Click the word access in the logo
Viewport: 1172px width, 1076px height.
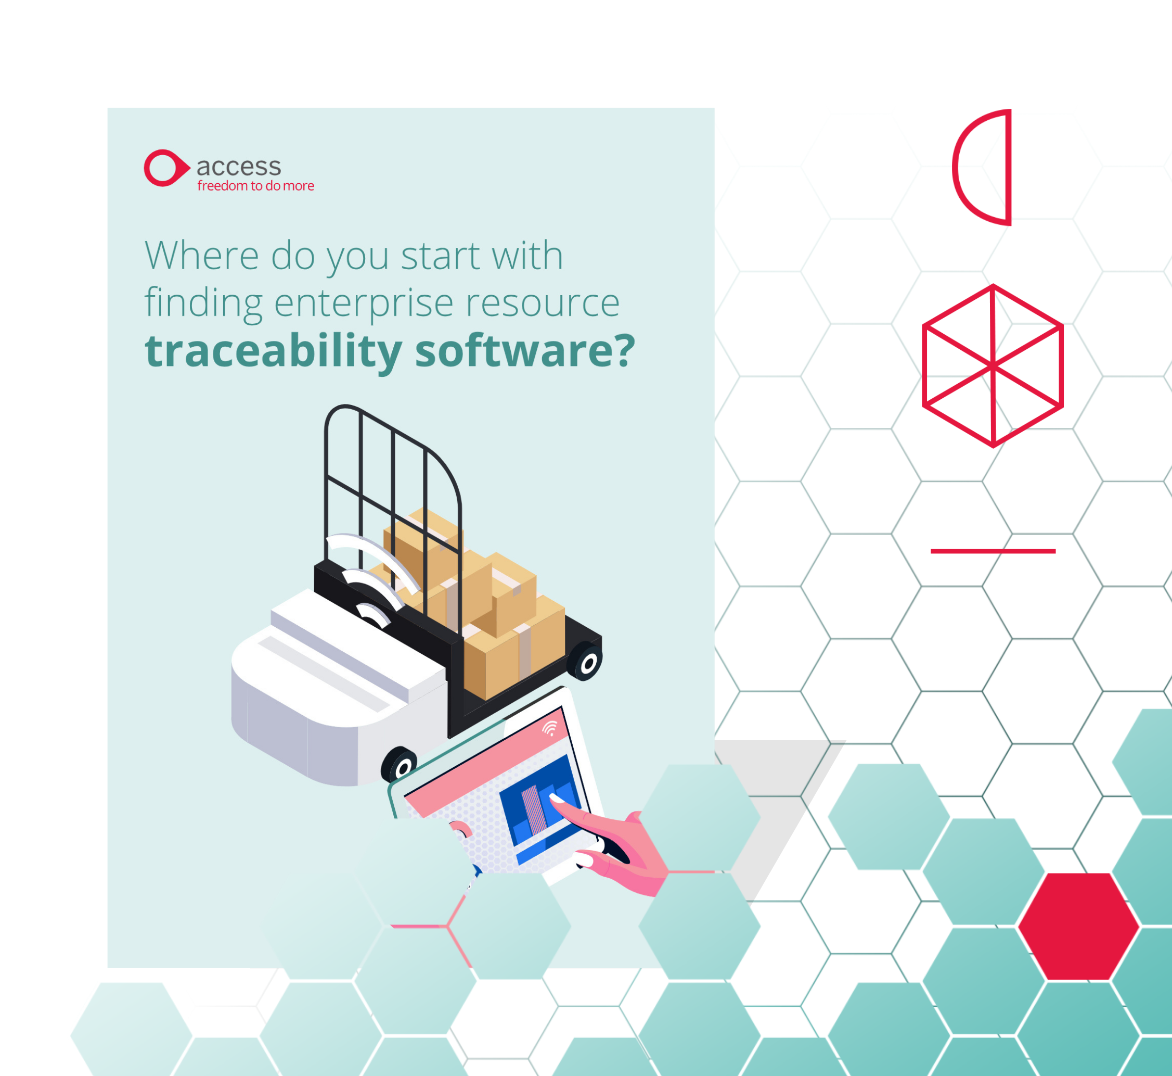pyautogui.click(x=239, y=167)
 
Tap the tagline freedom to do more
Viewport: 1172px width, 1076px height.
pyautogui.click(x=255, y=186)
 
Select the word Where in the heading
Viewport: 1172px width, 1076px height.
pyautogui.click(x=201, y=256)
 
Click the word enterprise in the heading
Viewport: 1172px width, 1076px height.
pyautogui.click(x=364, y=303)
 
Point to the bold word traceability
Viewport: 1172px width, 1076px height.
pyautogui.click(x=273, y=352)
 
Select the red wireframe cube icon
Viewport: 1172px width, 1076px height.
pyautogui.click(x=993, y=365)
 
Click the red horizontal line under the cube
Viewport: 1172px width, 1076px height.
pyautogui.click(x=993, y=551)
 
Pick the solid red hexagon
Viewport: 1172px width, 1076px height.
pyautogui.click(x=1078, y=926)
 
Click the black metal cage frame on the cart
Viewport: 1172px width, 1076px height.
pyautogui.click(x=393, y=466)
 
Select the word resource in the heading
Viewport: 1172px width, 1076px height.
pyautogui.click(x=543, y=303)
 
